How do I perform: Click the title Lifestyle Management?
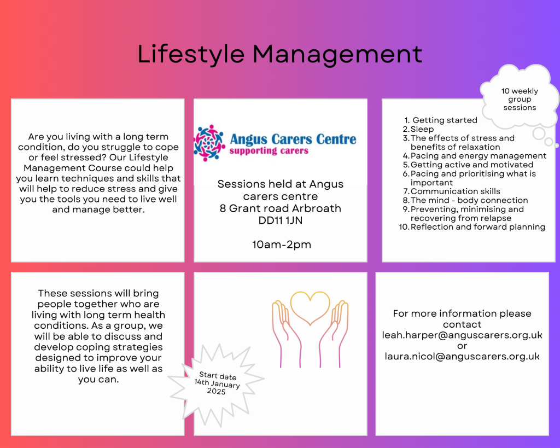point(279,54)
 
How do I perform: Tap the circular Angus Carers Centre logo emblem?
point(209,143)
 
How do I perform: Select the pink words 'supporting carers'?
point(269,151)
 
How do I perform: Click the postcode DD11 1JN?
point(281,220)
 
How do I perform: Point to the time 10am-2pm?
point(282,245)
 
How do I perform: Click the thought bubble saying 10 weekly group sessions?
point(520,99)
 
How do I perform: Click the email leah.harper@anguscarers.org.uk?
point(462,335)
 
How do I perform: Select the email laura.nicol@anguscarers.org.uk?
point(462,357)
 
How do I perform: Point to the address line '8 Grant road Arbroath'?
point(281,208)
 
